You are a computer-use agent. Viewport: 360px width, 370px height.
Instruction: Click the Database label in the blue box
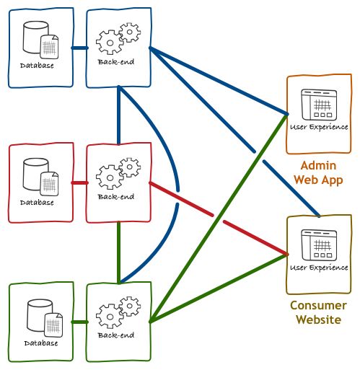pyautogui.click(x=37, y=66)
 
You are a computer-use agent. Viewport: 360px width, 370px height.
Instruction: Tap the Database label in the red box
pyautogui.click(x=37, y=203)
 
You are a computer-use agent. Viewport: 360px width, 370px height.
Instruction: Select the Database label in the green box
pyautogui.click(x=41, y=343)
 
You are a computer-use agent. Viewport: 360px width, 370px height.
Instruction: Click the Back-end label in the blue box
pyautogui.click(x=116, y=62)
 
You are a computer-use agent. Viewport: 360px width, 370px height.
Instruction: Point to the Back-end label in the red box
pyautogui.click(x=116, y=197)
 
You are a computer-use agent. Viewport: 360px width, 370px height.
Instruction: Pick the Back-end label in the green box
pyautogui.click(x=116, y=335)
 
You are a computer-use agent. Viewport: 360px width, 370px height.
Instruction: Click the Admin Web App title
pyautogui.click(x=318, y=172)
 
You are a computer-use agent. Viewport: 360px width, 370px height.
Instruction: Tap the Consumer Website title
pyautogui.click(x=318, y=312)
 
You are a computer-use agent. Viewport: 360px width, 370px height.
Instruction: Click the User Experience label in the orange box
pyautogui.click(x=319, y=127)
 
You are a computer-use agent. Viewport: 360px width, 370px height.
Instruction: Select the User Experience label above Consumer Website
pyautogui.click(x=319, y=268)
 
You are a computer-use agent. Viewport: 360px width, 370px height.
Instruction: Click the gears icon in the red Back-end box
pyautogui.click(x=118, y=173)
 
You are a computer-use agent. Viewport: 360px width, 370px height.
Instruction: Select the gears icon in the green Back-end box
pyautogui.click(x=118, y=312)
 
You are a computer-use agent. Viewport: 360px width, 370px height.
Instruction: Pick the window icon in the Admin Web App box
pyautogui.click(x=319, y=105)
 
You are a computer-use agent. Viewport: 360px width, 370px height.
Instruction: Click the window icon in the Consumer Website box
pyautogui.click(x=319, y=245)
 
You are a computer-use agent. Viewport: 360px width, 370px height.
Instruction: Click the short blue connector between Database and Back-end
pyautogui.click(x=80, y=48)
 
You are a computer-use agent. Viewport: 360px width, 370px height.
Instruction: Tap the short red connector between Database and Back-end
pyautogui.click(x=80, y=183)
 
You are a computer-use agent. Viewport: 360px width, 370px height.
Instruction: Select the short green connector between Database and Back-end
pyautogui.click(x=80, y=322)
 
